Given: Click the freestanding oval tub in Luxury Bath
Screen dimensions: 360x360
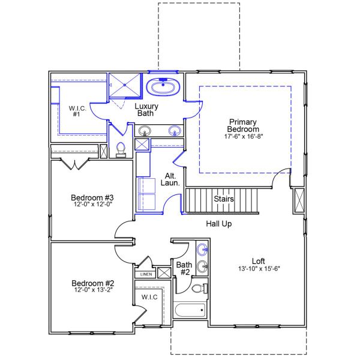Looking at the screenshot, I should pyautogui.click(x=163, y=88).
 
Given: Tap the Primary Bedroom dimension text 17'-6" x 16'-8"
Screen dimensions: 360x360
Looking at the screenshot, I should pyautogui.click(x=243, y=137).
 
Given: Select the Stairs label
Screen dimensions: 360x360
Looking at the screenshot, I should pyautogui.click(x=224, y=199).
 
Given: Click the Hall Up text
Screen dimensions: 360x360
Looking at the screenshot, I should pyautogui.click(x=219, y=224).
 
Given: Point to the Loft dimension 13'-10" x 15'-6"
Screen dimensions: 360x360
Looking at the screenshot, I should pyautogui.click(x=258, y=269).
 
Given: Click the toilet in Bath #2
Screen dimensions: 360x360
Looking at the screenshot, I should pyautogui.click(x=200, y=289).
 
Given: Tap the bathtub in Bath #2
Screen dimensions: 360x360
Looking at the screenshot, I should pyautogui.click(x=190, y=310).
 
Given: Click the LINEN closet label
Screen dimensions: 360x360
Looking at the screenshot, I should pyautogui.click(x=146, y=274).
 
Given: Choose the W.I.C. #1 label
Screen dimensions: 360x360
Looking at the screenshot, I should pyautogui.click(x=77, y=110).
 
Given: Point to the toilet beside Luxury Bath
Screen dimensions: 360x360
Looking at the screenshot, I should pyautogui.click(x=120, y=149).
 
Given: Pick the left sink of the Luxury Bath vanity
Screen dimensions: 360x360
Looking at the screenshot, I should pyautogui.click(x=145, y=131).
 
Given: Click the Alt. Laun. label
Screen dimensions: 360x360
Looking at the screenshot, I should pyautogui.click(x=170, y=179).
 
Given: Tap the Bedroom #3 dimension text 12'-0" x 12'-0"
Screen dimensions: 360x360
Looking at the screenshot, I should pyautogui.click(x=92, y=205).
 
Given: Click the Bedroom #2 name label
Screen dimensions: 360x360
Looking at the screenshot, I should pyautogui.click(x=92, y=283).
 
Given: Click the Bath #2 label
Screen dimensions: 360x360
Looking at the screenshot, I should pyautogui.click(x=183, y=268).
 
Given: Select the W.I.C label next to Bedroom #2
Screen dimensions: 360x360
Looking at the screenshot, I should pyautogui.click(x=149, y=297).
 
